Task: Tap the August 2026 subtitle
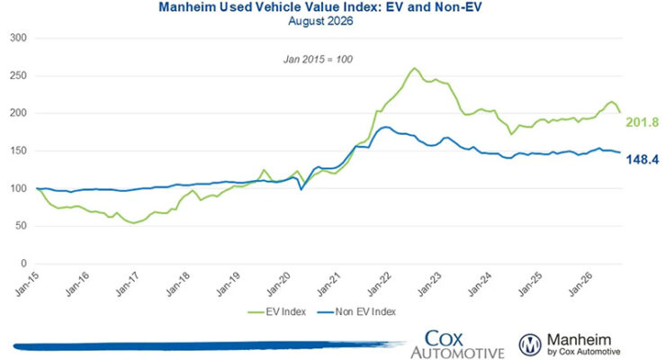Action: [320, 21]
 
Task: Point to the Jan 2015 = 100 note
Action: [318, 59]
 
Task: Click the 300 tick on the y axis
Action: [18, 38]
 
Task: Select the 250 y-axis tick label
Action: [18, 76]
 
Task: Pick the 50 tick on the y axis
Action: [22, 226]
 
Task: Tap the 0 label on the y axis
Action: [23, 264]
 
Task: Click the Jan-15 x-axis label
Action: [27, 283]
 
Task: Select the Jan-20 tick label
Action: [279, 283]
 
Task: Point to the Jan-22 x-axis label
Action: [379, 283]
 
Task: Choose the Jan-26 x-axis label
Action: [580, 283]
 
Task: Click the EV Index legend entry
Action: [277, 312]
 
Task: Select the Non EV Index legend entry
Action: [356, 312]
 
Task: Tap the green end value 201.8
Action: [643, 122]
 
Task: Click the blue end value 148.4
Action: [643, 159]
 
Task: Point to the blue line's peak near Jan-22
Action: [384, 127]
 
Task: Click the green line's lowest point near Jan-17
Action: [134, 223]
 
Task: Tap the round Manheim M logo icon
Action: [530, 345]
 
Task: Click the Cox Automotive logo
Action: [457, 345]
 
